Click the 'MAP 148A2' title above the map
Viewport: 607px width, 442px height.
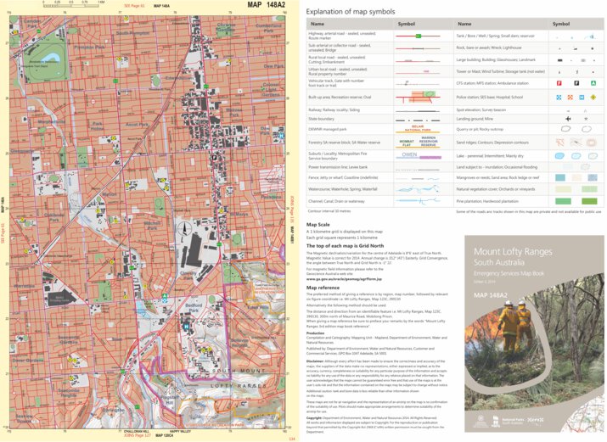(266, 5)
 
